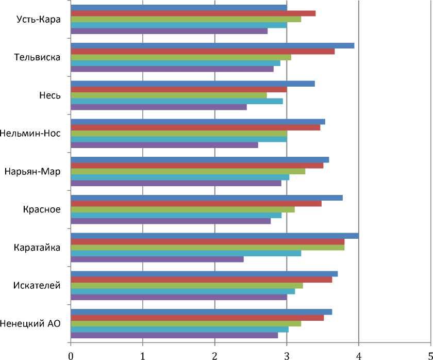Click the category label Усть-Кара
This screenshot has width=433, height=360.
coord(39,20)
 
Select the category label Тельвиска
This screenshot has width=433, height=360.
coord(38,57)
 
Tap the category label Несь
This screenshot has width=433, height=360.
coord(50,95)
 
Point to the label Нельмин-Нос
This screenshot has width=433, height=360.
coord(31,134)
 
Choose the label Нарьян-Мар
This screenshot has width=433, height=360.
coord(32,171)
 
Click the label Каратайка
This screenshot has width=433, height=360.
coord(38,248)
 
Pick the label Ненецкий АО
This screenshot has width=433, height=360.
coord(31,323)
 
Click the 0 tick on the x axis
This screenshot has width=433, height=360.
coord(70,355)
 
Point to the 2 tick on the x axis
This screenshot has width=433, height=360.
coord(214,355)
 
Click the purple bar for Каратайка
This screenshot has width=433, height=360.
coord(157,259)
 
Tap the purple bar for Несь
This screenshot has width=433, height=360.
coord(158,107)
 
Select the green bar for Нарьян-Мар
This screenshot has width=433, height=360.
coord(188,171)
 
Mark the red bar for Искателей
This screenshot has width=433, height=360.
coord(201,280)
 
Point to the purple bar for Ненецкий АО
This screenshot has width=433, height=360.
coord(174,335)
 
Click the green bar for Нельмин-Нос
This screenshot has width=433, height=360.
coord(178,133)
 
